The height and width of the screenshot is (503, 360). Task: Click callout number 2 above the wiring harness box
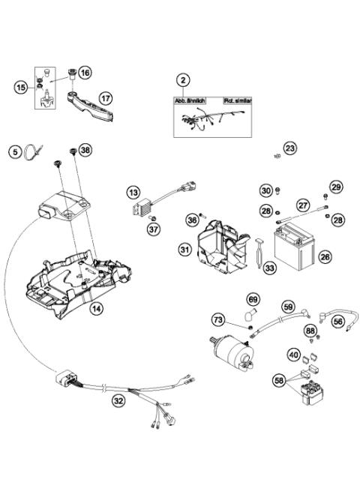pyautogui.click(x=182, y=79)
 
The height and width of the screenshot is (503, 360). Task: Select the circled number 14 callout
pyautogui.click(x=95, y=308)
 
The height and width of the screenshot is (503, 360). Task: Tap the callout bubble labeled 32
pyautogui.click(x=118, y=400)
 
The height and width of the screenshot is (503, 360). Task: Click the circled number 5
pyautogui.click(x=14, y=152)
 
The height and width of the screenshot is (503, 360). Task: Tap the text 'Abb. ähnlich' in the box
pyautogui.click(x=191, y=100)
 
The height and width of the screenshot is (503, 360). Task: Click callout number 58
pyautogui.click(x=280, y=382)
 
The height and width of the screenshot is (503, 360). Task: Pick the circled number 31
pyautogui.click(x=184, y=249)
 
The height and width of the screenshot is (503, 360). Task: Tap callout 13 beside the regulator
pyautogui.click(x=133, y=193)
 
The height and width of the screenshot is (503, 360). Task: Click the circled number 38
pyautogui.click(x=85, y=151)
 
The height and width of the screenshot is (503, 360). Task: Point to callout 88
pyautogui.click(x=310, y=331)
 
